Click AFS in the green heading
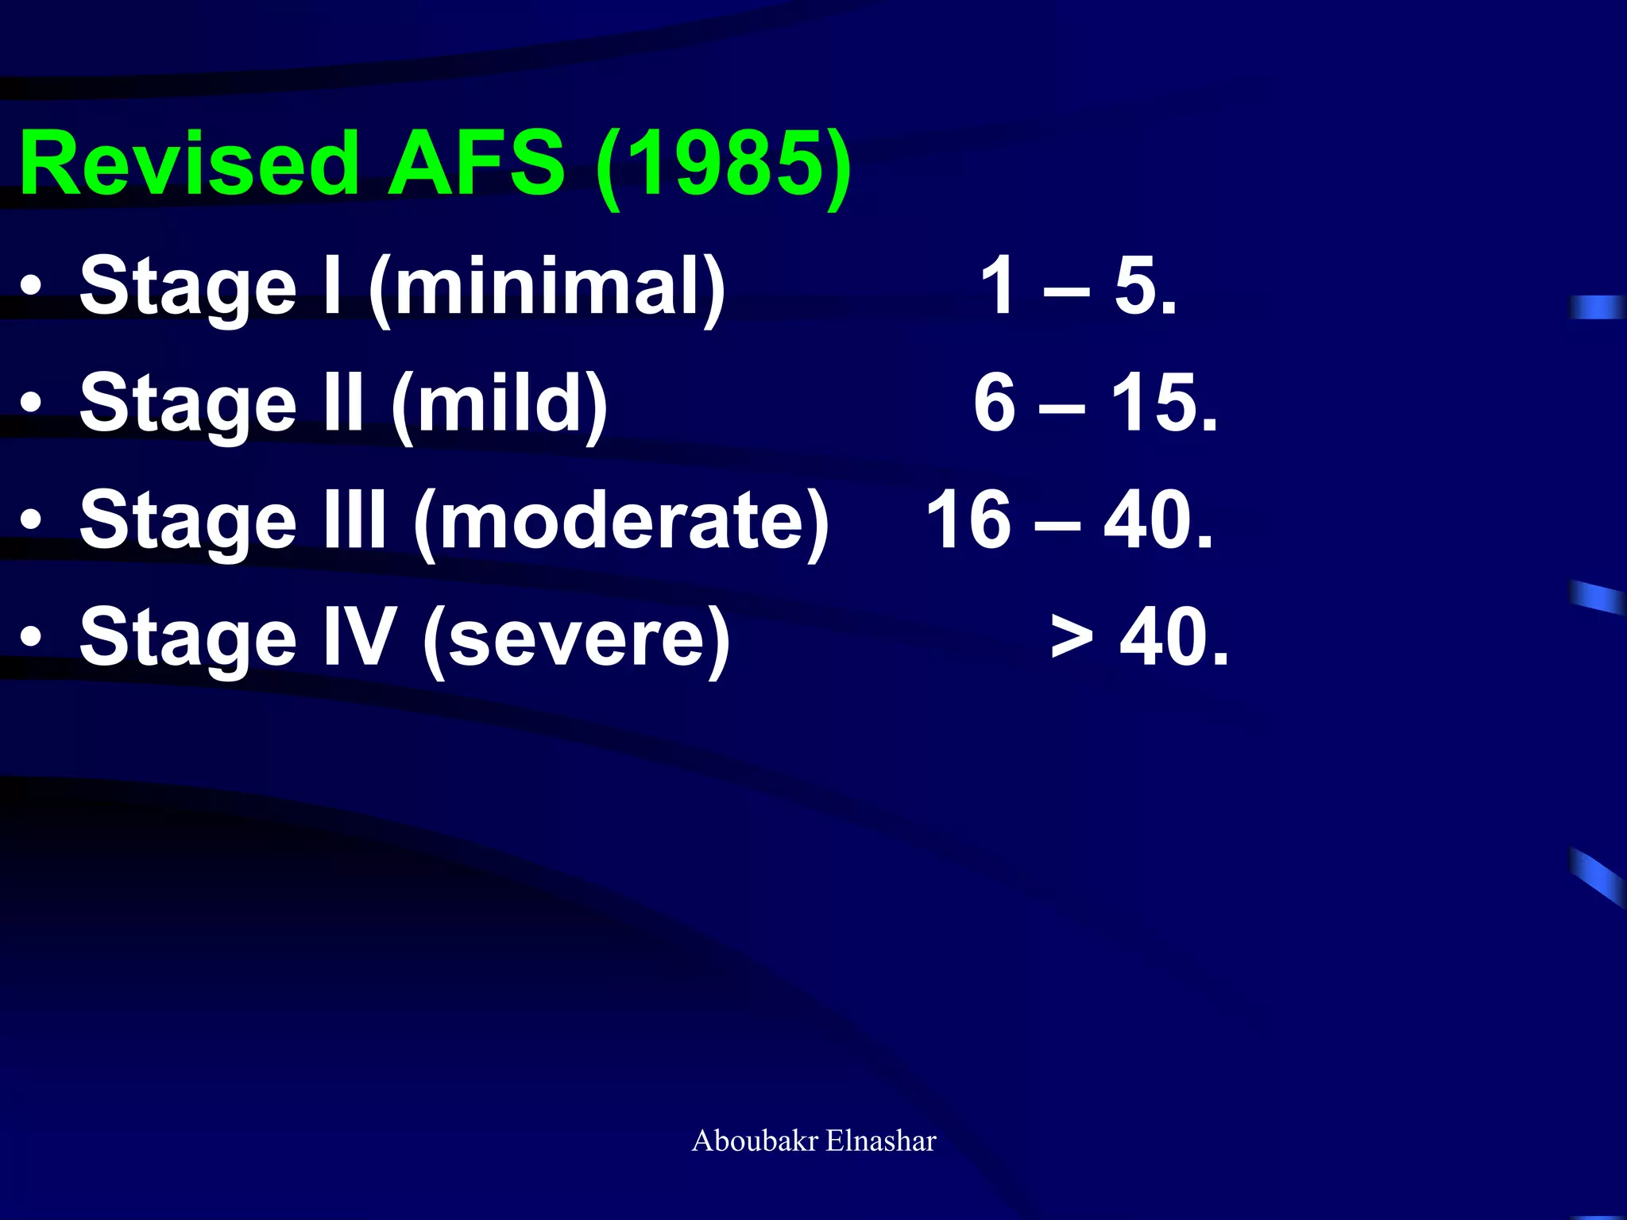[x=476, y=164]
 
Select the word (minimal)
[x=547, y=288]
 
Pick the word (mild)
[x=500, y=405]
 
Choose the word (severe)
[x=576, y=639]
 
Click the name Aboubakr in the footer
[x=755, y=1141]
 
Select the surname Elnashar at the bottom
[x=881, y=1141]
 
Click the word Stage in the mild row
[x=188, y=405]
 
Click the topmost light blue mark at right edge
[x=1597, y=307]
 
